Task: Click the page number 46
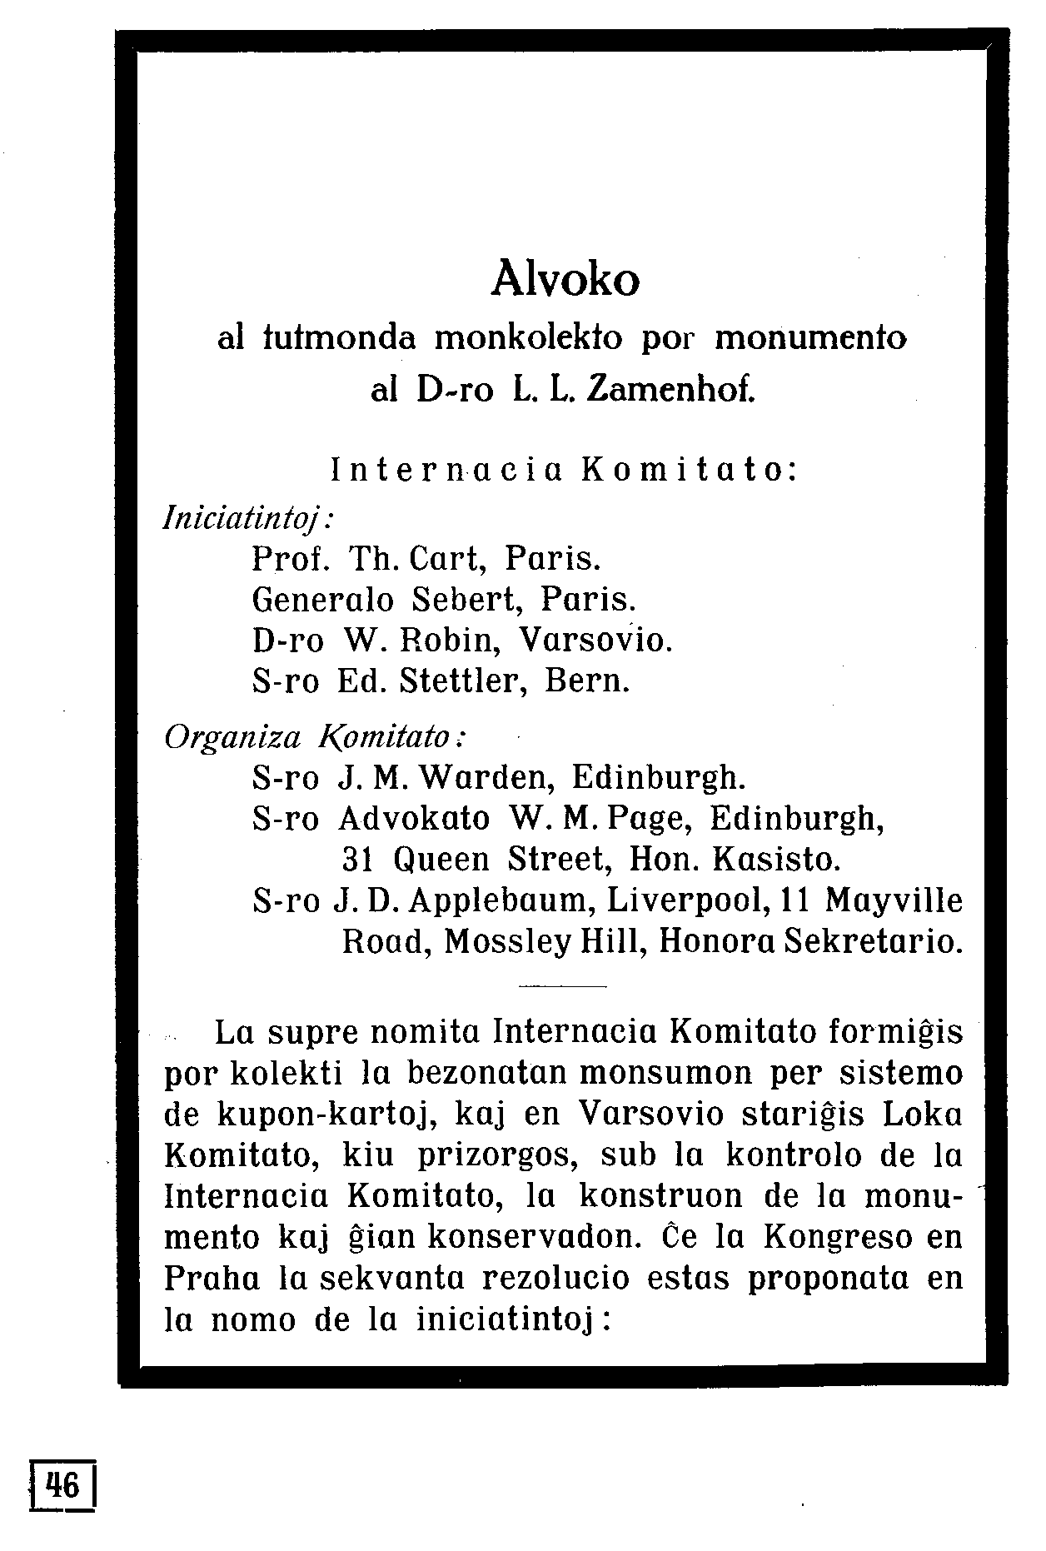(63, 1485)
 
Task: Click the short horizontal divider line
(562, 987)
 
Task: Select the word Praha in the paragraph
(212, 1279)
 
